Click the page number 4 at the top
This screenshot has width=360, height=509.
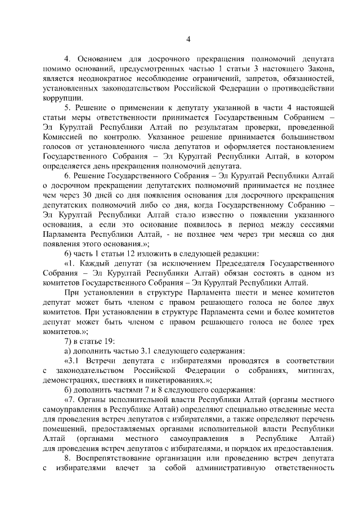(x=188, y=39)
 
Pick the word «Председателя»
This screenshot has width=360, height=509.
(x=225, y=263)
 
